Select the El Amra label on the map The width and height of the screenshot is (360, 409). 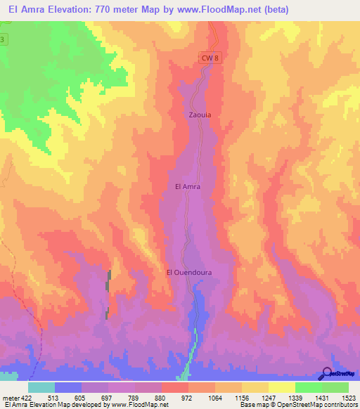[188, 187]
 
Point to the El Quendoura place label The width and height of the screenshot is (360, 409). [189, 272]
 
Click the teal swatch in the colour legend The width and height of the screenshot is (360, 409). [41, 387]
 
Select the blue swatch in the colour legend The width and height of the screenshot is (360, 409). [67, 387]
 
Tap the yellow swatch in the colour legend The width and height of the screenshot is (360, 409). [281, 387]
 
